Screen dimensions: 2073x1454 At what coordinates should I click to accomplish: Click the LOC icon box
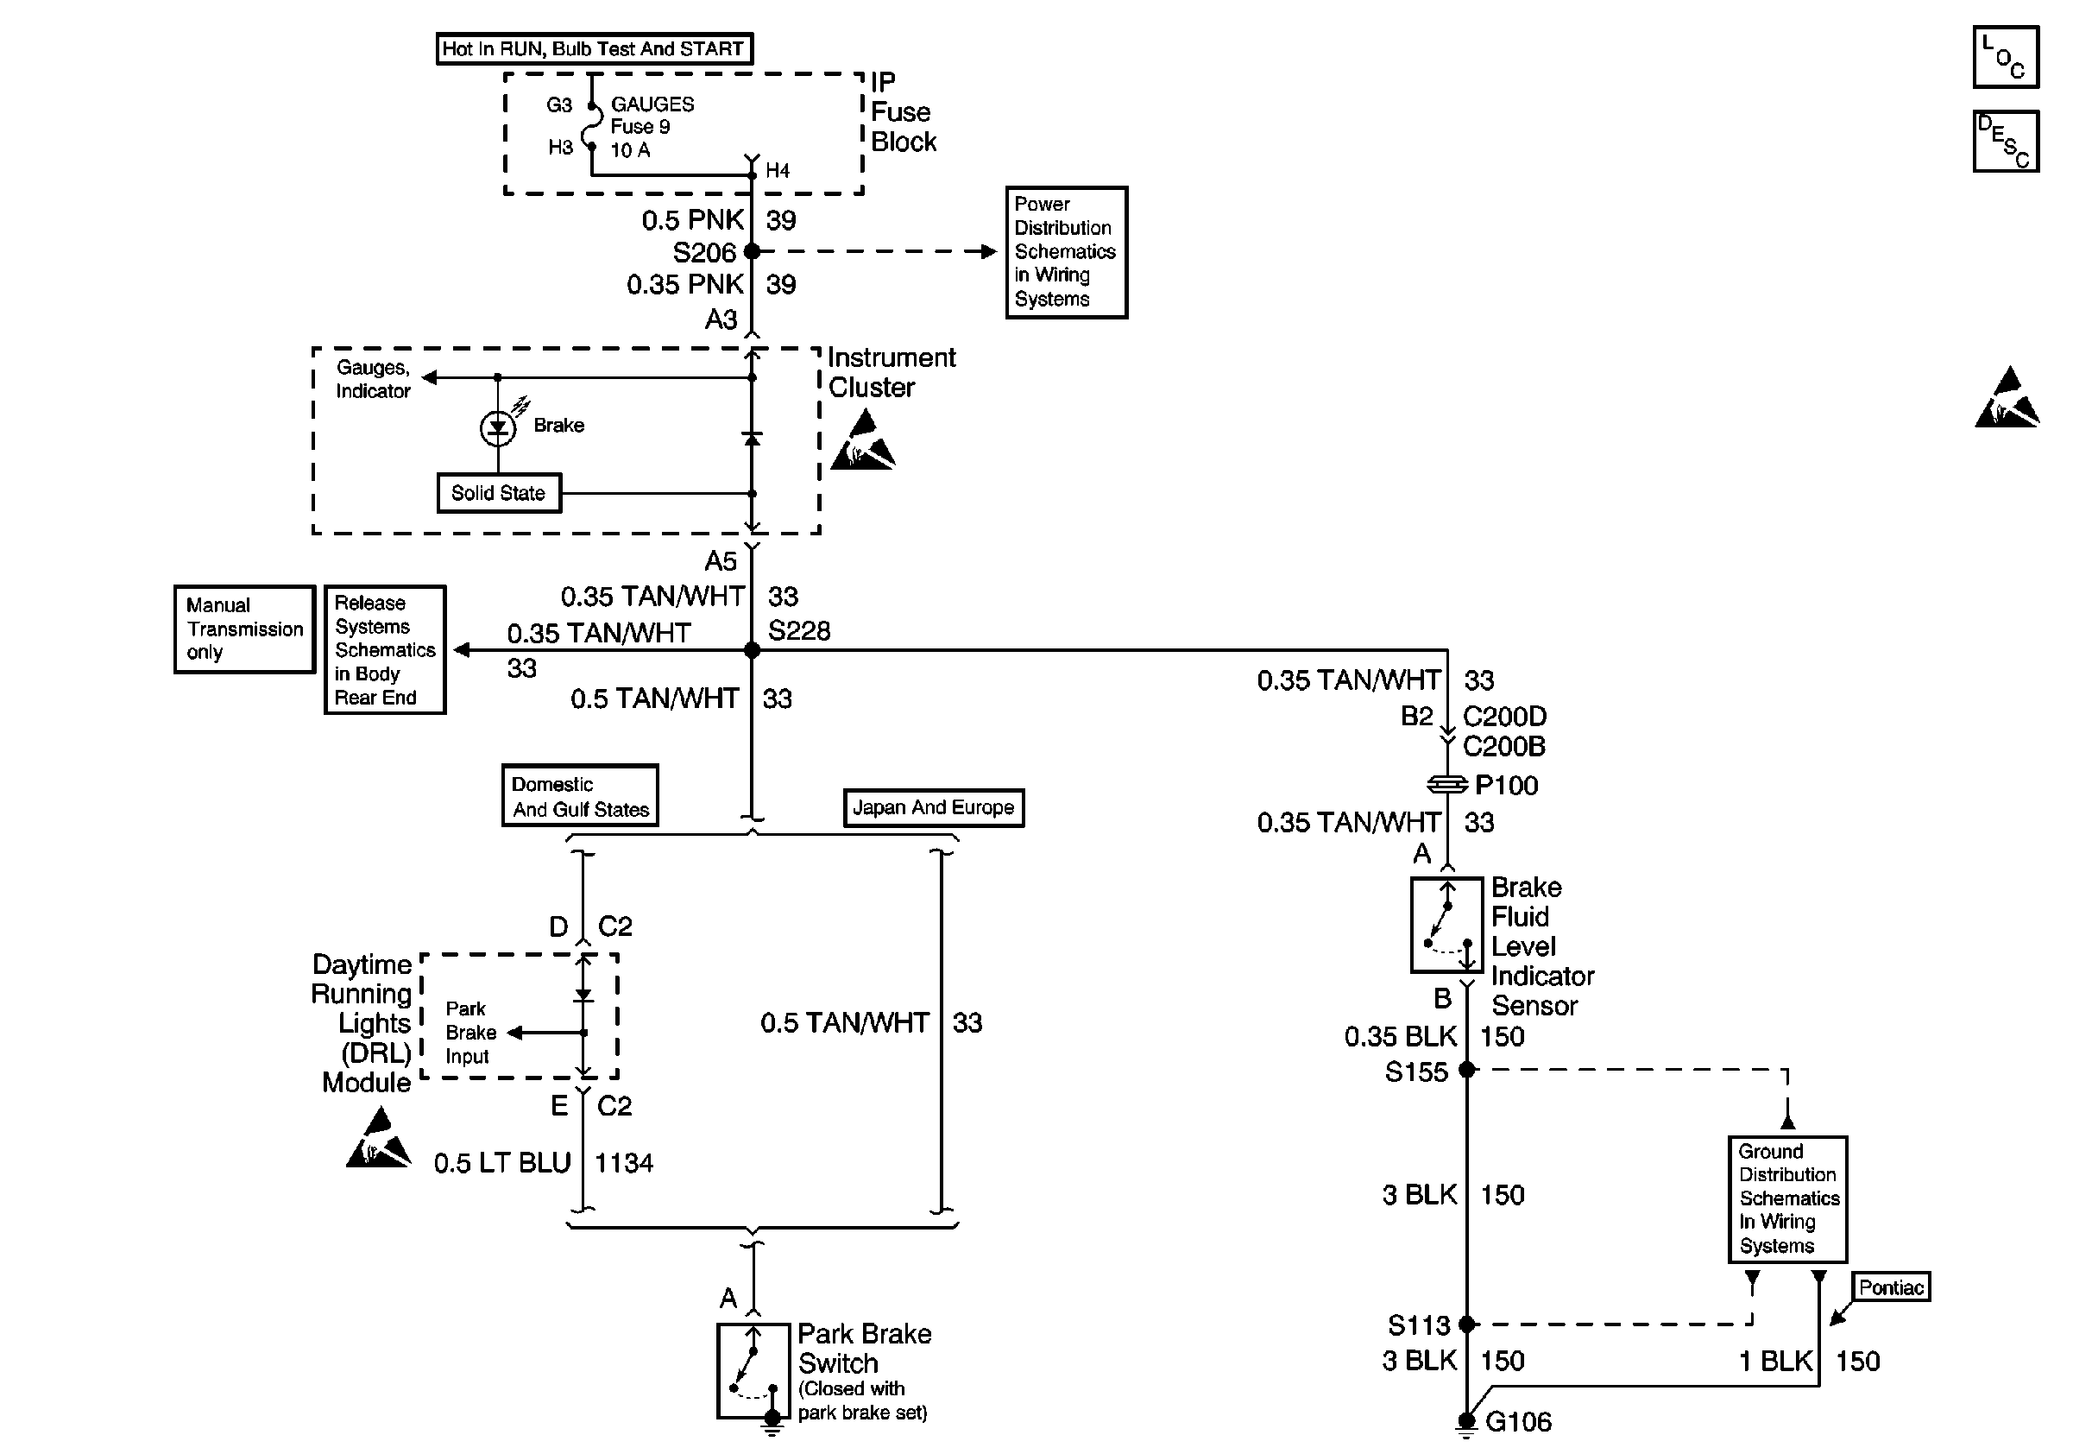(2006, 57)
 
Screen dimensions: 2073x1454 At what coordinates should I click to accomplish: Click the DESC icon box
(2006, 141)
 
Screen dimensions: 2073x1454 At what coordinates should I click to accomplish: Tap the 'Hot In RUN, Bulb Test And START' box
(594, 48)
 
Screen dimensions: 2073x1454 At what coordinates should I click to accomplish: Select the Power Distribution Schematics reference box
(1067, 252)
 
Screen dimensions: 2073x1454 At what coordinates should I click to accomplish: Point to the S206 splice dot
(751, 252)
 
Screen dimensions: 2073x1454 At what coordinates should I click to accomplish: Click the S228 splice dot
(751, 650)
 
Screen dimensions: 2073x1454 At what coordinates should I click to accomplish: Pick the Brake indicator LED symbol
(498, 427)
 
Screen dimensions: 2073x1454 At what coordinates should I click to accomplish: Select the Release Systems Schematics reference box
(385, 650)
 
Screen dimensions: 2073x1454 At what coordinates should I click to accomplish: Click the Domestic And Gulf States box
(580, 795)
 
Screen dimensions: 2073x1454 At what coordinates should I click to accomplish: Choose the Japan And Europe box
(934, 807)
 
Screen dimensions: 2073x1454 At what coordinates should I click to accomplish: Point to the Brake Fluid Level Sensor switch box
(1446, 925)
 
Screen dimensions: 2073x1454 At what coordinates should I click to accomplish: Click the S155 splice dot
(1467, 1070)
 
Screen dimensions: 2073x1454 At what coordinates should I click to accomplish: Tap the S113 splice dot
(1467, 1324)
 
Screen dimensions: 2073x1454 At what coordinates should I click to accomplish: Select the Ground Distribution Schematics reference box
(1787, 1199)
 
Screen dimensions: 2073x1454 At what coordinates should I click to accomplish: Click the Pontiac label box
(1892, 1286)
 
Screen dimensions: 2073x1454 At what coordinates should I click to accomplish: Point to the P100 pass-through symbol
(1447, 785)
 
